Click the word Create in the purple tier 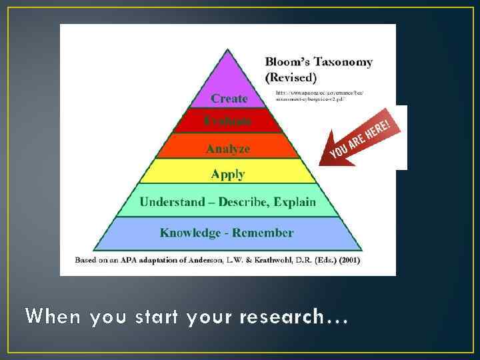coord(229,99)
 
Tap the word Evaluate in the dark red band coord(228,121)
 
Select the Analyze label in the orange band coord(228,149)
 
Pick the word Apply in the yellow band coord(228,175)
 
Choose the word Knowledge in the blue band coord(190,233)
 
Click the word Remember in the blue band coord(263,233)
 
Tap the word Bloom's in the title coord(286,62)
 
